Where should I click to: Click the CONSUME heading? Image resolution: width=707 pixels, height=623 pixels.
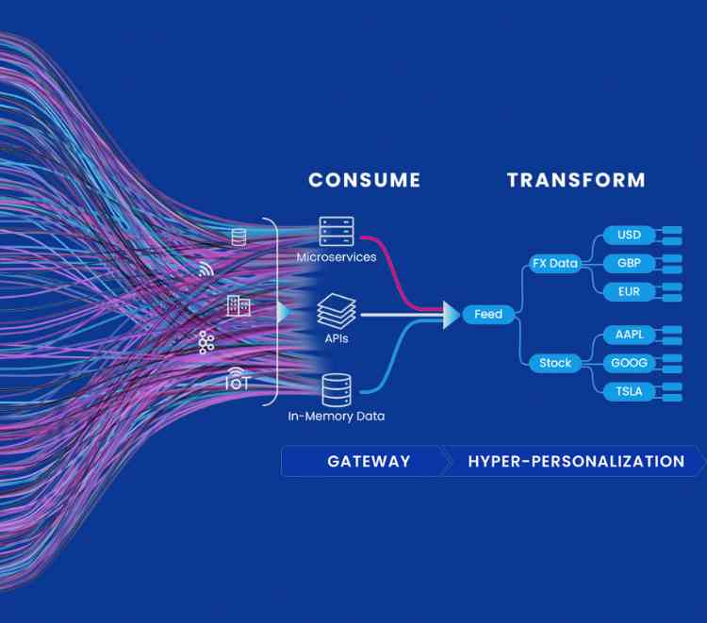(364, 180)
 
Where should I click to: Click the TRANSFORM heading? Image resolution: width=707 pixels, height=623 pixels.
(576, 180)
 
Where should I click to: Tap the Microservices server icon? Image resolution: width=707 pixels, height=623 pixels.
(336, 231)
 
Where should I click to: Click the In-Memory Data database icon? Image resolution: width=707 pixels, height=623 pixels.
(336, 389)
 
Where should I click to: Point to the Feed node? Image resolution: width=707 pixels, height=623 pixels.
(488, 314)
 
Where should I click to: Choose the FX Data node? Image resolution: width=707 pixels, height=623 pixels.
(554, 263)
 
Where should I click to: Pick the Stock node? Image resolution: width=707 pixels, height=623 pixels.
(554, 363)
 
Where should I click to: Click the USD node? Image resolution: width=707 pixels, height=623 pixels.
(629, 235)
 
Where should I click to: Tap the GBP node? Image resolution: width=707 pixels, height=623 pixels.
(629, 263)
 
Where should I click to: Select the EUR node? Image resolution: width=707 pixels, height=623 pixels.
(629, 291)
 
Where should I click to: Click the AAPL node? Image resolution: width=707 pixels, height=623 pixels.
(629, 335)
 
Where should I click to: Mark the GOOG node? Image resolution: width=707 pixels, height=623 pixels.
(629, 363)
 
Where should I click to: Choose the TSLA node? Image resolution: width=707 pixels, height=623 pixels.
(629, 391)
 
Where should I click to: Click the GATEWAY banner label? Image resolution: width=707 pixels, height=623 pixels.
(369, 462)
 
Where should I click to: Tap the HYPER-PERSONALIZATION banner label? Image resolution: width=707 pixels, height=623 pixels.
(576, 462)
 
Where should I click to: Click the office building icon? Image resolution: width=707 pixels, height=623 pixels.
(238, 305)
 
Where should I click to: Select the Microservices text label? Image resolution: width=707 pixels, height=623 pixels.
(336, 257)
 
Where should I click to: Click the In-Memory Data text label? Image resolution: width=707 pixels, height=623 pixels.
(336, 416)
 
